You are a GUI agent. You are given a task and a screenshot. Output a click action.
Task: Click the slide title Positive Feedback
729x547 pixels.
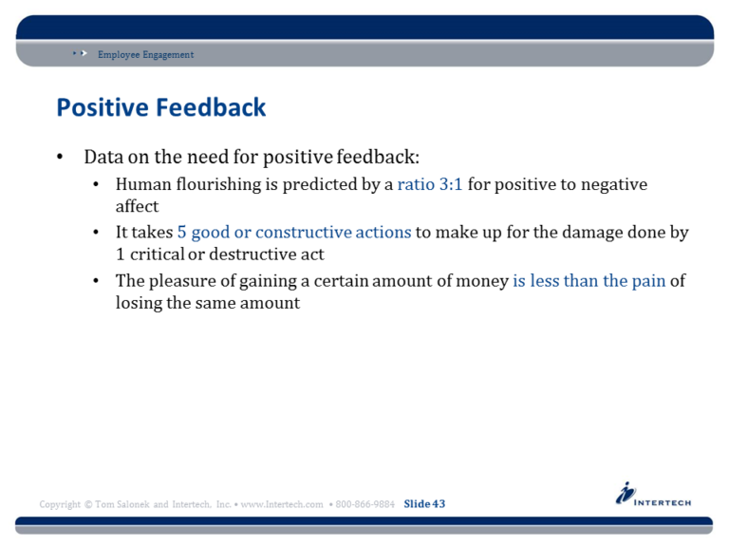pos(160,107)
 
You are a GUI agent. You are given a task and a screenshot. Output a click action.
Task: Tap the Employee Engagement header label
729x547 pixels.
pos(145,55)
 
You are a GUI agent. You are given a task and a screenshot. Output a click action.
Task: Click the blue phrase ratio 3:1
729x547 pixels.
pos(429,184)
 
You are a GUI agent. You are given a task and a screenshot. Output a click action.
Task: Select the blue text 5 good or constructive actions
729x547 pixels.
pos(293,233)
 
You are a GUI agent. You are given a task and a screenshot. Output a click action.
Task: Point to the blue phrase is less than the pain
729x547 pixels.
pos(589,281)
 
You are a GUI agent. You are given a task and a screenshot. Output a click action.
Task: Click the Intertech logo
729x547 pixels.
pos(653,496)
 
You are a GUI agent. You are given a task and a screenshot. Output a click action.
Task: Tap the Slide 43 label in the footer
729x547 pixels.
pos(424,503)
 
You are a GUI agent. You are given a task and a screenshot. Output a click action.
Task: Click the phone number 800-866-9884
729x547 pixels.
pos(365,504)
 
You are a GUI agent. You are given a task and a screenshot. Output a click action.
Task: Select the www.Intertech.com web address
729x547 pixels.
pos(282,504)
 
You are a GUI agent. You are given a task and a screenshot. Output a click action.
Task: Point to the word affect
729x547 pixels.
pos(137,206)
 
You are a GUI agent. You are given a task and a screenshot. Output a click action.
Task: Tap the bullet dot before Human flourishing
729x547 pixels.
pos(96,185)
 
